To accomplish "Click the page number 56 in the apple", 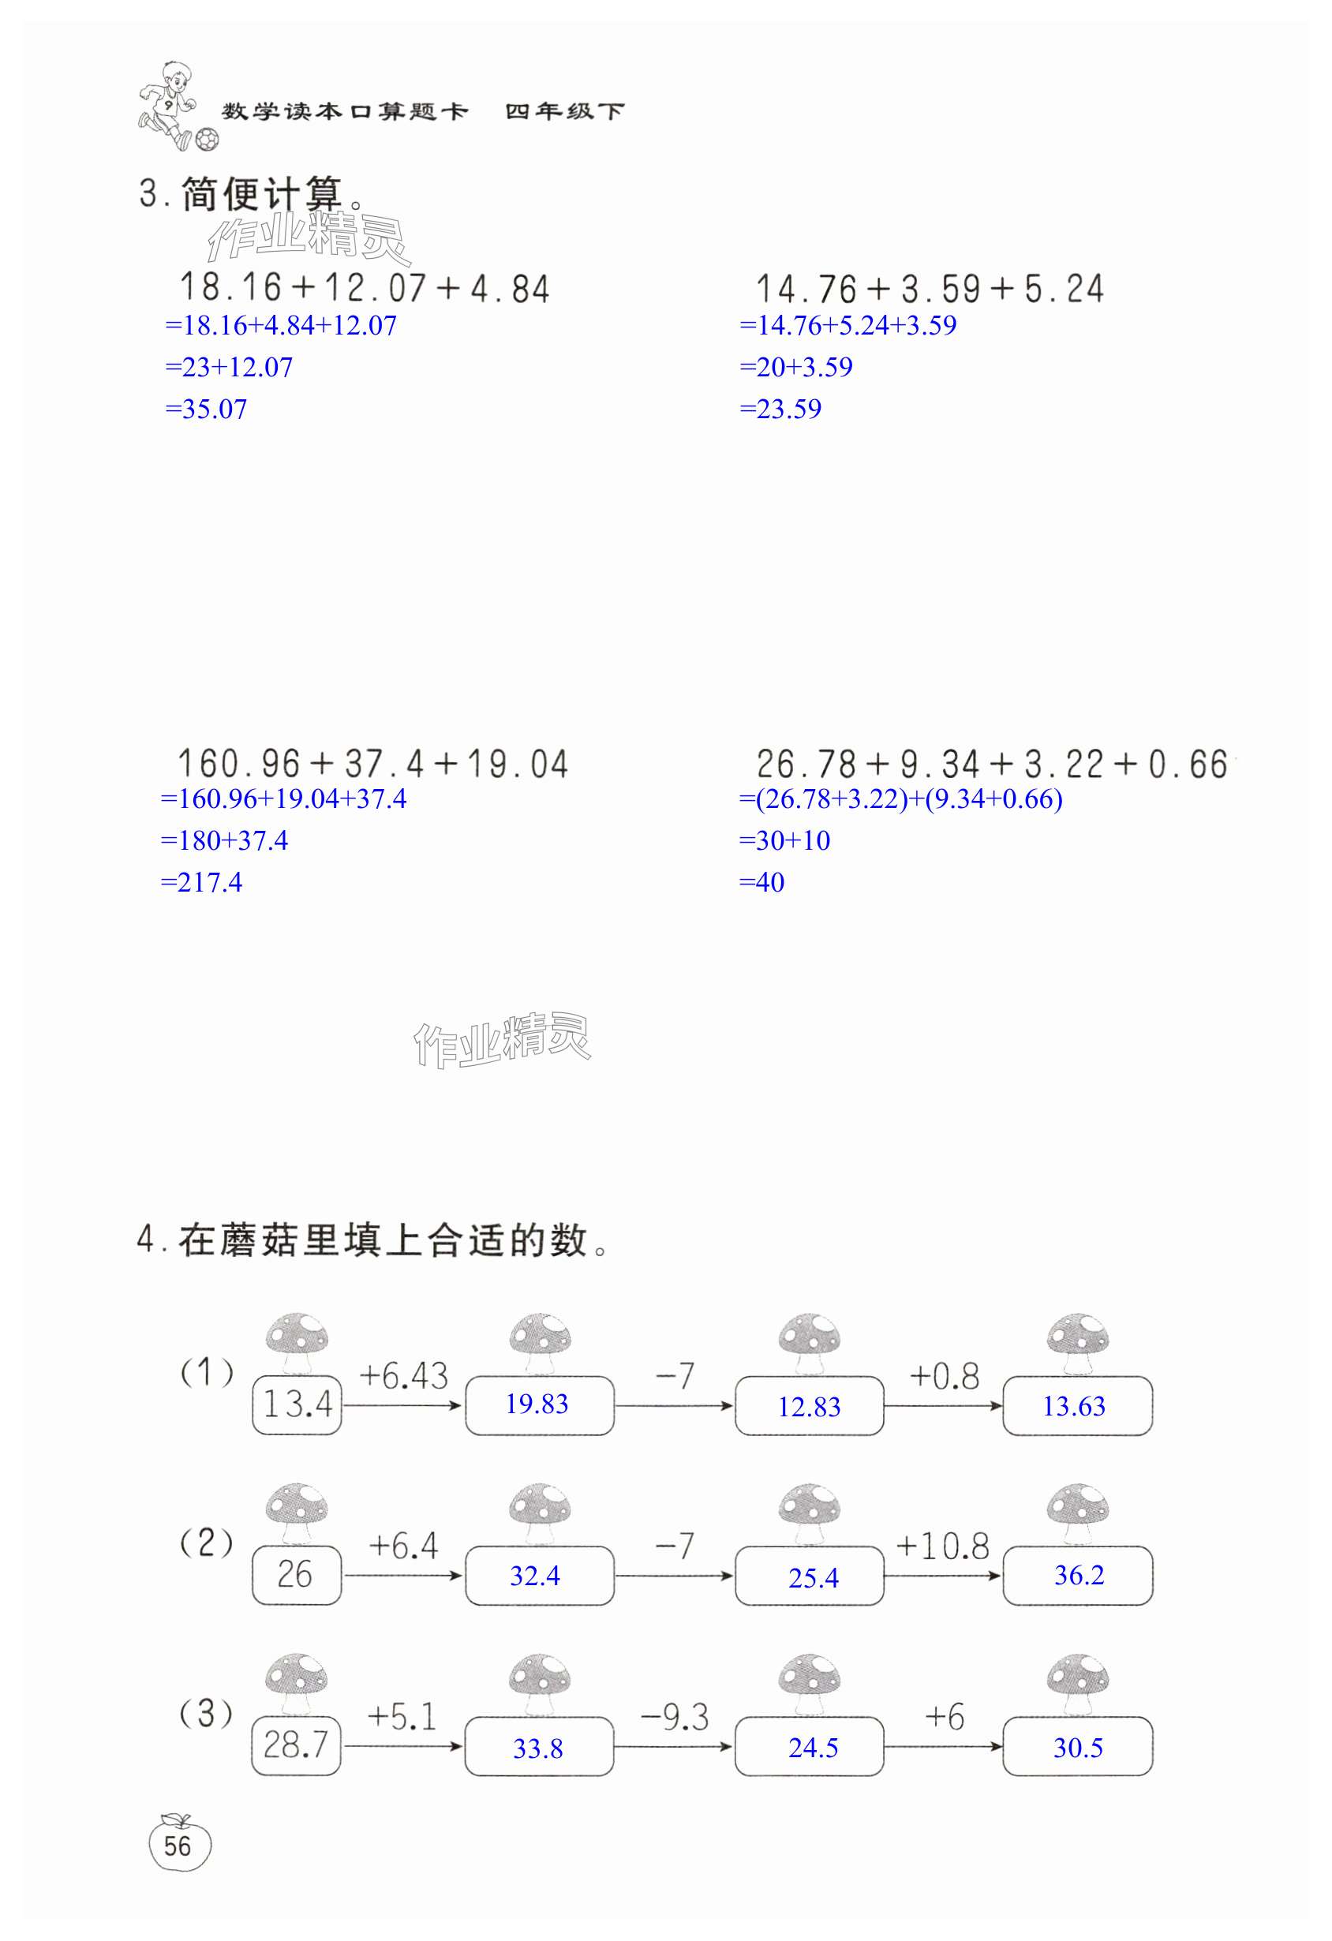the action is click(x=178, y=1846).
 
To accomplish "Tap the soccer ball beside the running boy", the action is click(x=206, y=139).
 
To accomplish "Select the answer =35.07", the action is click(x=206, y=410).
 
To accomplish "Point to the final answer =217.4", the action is click(x=201, y=883).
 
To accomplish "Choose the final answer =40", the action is click(x=761, y=883).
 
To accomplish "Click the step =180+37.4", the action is click(x=224, y=841).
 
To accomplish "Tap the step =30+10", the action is click(x=784, y=841).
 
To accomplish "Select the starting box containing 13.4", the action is click(x=297, y=1404).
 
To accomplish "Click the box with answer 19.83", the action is click(x=539, y=1404).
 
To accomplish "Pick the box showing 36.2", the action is click(x=1077, y=1576).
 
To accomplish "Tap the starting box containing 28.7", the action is click(x=297, y=1745).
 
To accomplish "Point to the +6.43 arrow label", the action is click(x=403, y=1375).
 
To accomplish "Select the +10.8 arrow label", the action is click(x=942, y=1546).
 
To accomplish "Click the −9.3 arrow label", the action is click(x=675, y=1718).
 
